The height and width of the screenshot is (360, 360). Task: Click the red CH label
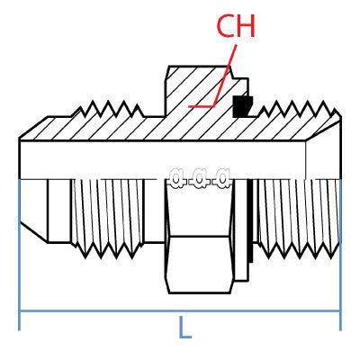[x=236, y=26]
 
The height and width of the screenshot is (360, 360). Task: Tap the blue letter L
[x=184, y=328]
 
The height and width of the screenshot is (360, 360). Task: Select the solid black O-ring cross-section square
[x=242, y=106]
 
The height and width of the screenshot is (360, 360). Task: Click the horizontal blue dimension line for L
[x=108, y=311]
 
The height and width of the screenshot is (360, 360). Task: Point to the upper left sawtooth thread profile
[x=108, y=111]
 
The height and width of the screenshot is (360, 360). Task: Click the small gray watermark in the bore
[x=199, y=177]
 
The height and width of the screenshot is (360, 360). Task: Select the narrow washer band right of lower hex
[x=240, y=229]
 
